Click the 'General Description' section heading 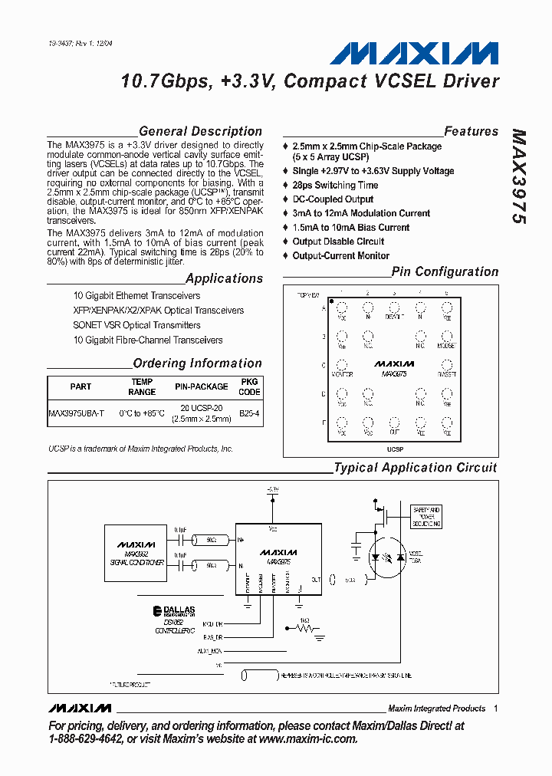click(x=200, y=131)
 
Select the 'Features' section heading click(x=471, y=131)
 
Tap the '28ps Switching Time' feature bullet click(x=335, y=185)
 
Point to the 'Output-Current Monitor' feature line click(x=340, y=255)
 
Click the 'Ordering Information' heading click(x=197, y=363)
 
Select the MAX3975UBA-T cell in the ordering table click(x=76, y=413)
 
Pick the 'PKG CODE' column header click(x=250, y=386)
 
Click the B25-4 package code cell click(x=250, y=413)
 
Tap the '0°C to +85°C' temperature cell click(x=142, y=413)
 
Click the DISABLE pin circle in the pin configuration click(x=394, y=309)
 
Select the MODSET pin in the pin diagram click(x=446, y=338)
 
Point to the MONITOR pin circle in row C click(x=342, y=367)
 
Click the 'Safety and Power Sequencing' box click(x=426, y=517)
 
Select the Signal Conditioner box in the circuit click(x=136, y=553)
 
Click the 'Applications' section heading click(x=224, y=278)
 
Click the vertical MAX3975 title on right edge click(x=518, y=176)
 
